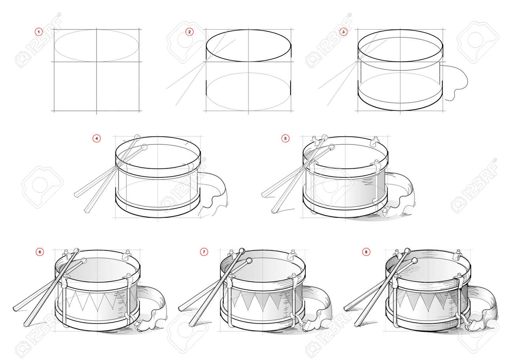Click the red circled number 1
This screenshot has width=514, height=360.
pos(39,32)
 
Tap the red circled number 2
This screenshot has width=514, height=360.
pos(189,32)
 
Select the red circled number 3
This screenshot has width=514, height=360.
pos(343,32)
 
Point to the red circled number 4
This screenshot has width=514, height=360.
pos(96,138)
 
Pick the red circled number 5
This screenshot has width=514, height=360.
pos(285,138)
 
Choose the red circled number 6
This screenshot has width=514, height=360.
pos(40,252)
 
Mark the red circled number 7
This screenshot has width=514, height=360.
pos(204,252)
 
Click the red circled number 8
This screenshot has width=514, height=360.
pos(366,252)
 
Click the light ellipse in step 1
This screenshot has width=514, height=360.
pos(96,30)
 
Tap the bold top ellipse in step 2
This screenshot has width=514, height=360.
pos(249,30)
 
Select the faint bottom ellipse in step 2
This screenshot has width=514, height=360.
pos(249,73)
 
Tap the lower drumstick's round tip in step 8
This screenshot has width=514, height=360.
pos(414,260)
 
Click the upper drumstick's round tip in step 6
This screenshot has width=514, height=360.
pos(77,251)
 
